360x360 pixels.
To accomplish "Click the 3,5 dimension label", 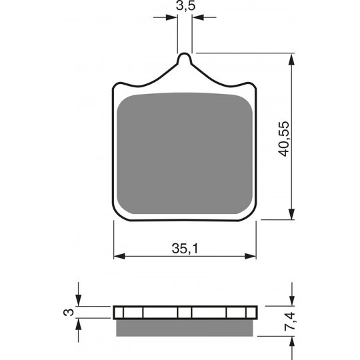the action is coord(185,6).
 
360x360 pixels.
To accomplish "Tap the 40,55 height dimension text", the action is coord(283,139).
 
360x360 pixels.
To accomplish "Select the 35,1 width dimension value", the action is coord(185,249).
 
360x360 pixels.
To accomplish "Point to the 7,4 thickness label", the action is coord(289,321).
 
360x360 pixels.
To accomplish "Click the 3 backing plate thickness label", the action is coord(69,312).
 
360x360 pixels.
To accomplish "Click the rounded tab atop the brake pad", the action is coord(185,59).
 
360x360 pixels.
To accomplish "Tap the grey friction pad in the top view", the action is coord(185,153).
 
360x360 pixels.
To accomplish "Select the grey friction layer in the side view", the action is coord(185,328).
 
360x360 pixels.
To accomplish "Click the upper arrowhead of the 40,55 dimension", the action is coord(291,60).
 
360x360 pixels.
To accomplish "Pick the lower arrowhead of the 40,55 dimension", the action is coord(291,213).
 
